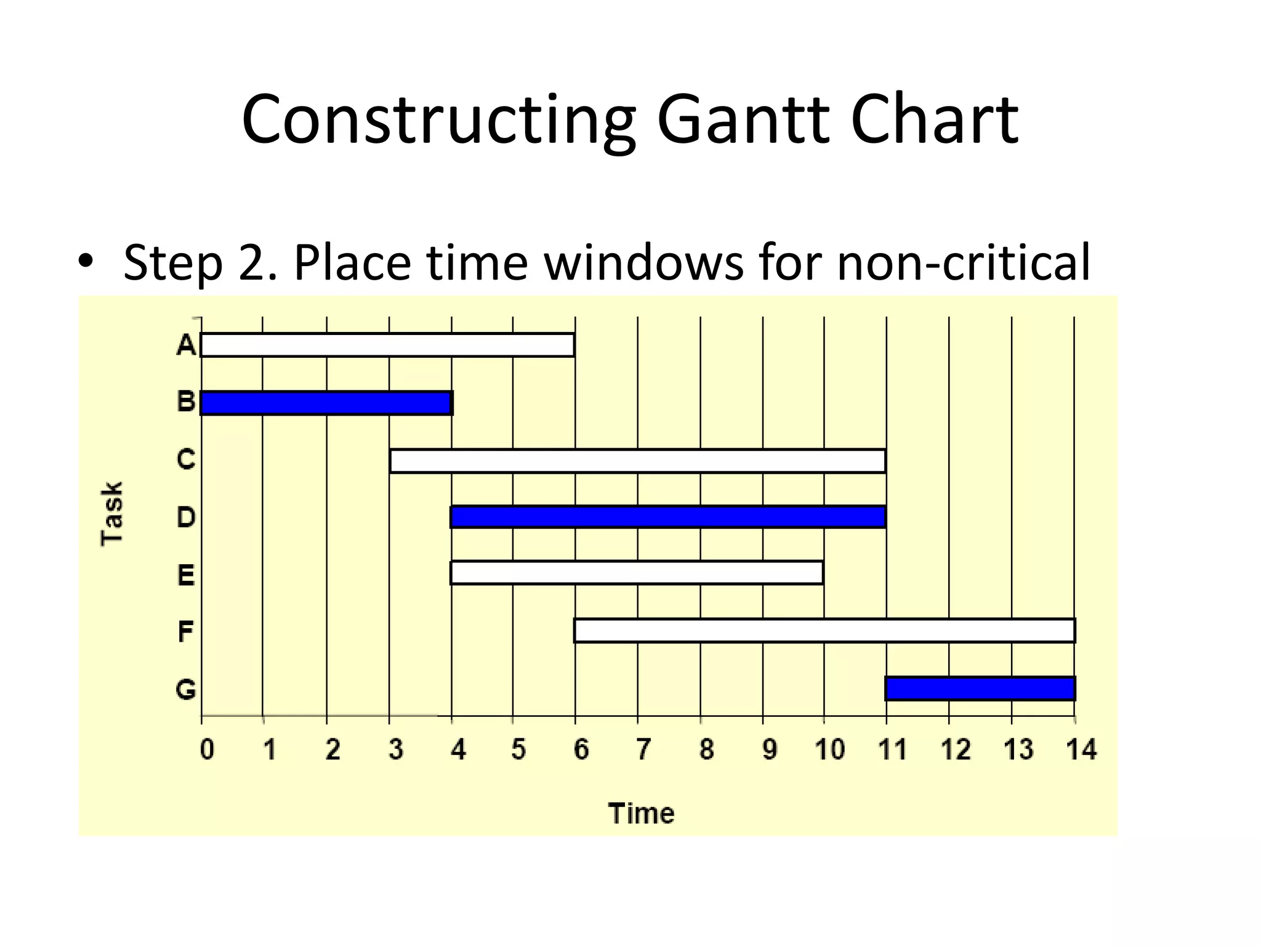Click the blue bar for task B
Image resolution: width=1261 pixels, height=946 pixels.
[326, 403]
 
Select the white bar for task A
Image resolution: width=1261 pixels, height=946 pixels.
[387, 345]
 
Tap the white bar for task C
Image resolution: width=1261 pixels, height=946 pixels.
[638, 461]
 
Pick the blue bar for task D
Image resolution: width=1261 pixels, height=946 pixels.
[668, 517]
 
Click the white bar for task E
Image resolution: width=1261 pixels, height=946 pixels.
[637, 573]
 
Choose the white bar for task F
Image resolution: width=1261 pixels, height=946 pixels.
[824, 631]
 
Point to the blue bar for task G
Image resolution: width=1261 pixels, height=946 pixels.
[980, 689]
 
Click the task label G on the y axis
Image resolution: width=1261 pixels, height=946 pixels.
[186, 689]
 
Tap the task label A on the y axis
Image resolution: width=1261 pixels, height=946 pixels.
[186, 346]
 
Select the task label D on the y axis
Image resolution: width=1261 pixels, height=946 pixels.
[186, 517]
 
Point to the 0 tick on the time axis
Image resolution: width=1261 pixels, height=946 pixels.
[207, 750]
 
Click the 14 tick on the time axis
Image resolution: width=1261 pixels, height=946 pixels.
[1081, 750]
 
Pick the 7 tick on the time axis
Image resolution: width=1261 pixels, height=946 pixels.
[643, 750]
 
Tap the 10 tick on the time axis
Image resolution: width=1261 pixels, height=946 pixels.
[829, 750]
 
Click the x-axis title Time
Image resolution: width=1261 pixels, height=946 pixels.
[641, 814]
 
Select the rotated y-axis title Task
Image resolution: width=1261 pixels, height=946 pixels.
[112, 514]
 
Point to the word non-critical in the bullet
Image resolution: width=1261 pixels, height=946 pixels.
[963, 262]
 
